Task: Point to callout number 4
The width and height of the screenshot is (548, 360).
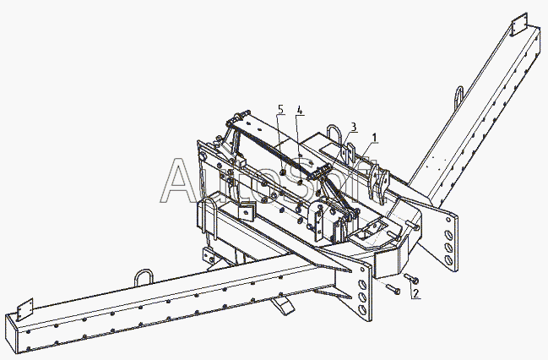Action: [x=299, y=110]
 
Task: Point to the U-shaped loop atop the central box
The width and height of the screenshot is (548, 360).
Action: [x=336, y=135]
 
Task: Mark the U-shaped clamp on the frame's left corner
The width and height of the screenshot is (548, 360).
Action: [x=209, y=216]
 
